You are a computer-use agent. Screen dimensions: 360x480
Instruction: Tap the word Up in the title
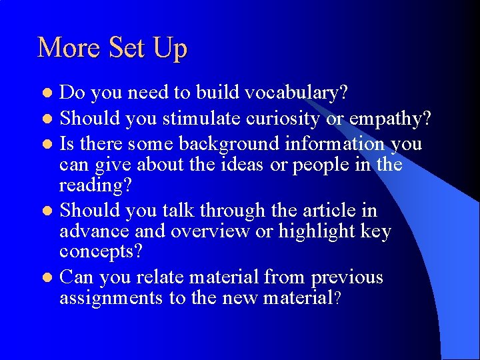(170, 49)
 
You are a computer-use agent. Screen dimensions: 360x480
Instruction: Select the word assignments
(111, 298)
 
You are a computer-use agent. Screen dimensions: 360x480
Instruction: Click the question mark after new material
(338, 298)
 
